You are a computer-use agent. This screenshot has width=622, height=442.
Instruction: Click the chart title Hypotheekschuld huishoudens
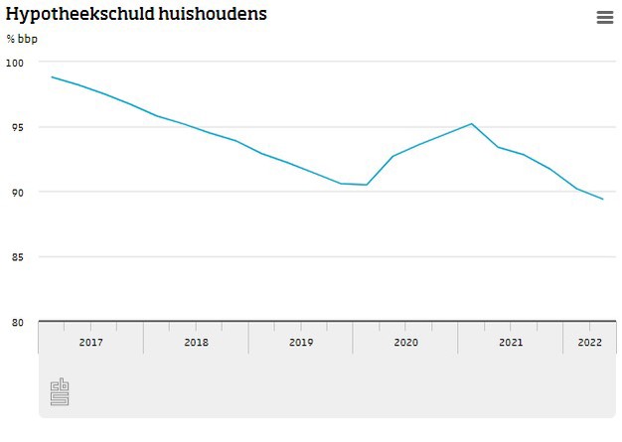pos(136,15)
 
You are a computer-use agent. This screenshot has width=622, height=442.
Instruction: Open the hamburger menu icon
pos(605,17)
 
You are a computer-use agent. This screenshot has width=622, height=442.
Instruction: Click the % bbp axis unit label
pos(22,39)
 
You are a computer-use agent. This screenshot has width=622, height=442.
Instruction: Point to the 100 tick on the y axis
pos(14,63)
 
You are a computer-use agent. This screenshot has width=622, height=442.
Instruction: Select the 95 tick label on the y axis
pos(17,127)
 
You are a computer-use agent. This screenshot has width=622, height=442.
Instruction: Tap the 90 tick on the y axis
pos(17,192)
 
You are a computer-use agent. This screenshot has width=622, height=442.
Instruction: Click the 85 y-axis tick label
pos(17,257)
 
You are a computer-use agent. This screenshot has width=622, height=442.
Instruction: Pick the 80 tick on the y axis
pos(17,322)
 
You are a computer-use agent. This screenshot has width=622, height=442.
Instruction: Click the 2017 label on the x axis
pos(90,343)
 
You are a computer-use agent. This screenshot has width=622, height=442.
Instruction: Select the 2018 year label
pos(196,343)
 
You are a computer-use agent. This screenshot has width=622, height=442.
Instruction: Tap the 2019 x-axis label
pos(301,343)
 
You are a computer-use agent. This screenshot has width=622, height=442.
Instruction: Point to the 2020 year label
pos(405,343)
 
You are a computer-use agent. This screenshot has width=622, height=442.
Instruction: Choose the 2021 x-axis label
pos(511,343)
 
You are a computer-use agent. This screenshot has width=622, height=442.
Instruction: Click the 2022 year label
pos(589,343)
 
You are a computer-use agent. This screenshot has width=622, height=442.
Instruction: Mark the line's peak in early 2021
pos(471,124)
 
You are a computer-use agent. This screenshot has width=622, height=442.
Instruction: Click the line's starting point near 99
pos(52,76)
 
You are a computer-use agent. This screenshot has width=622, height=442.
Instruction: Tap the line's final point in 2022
pos(603,200)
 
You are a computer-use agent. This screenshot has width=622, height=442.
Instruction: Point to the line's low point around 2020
pos(367,185)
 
